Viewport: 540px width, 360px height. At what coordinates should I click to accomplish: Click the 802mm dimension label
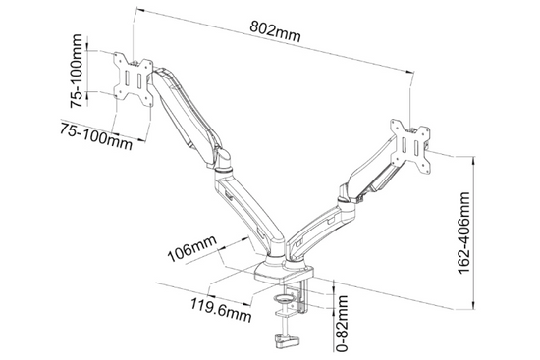click(x=275, y=31)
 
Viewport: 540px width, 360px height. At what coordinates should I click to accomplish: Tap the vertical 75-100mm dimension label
click(x=77, y=71)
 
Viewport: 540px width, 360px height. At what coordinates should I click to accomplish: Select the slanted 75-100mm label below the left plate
click(x=96, y=136)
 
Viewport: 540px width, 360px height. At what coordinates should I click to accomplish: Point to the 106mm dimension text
click(x=191, y=248)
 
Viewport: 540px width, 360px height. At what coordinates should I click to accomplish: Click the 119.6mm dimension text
click(x=221, y=309)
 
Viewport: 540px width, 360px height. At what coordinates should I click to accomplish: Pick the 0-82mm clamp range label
click(x=342, y=323)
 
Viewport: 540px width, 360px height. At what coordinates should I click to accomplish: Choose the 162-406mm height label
click(x=463, y=233)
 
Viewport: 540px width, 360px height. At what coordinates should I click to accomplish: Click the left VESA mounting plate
click(x=134, y=78)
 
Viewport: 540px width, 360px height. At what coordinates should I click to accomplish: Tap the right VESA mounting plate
click(x=410, y=145)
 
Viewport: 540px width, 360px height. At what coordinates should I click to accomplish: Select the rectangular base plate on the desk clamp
click(x=284, y=272)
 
